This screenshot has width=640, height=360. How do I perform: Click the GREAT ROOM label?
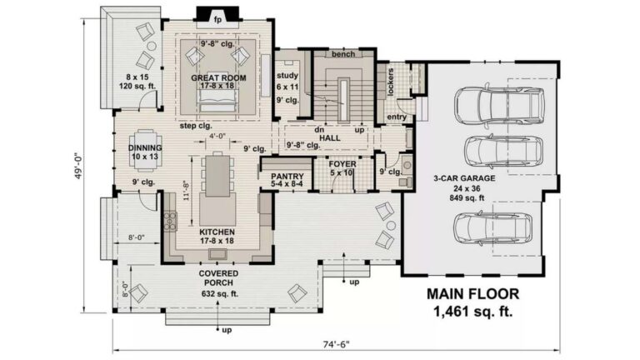point(218,77)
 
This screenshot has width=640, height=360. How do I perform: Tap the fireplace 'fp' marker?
point(218,20)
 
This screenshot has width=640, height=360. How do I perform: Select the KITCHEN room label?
point(217,232)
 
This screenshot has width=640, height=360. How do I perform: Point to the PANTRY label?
point(287,177)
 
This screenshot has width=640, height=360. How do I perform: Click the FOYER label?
point(342,164)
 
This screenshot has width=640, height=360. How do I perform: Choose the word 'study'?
point(287,76)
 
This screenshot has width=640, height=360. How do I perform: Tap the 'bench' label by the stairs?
point(343,54)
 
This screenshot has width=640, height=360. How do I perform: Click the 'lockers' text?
point(390,82)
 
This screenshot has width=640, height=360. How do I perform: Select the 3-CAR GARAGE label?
point(464,178)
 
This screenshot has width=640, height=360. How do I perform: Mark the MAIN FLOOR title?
point(473,294)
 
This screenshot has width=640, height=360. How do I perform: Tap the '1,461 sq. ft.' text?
point(472,312)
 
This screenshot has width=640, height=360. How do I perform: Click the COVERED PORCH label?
point(218,278)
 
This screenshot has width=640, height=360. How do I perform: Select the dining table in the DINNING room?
point(145,149)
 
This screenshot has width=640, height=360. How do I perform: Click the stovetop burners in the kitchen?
point(170,220)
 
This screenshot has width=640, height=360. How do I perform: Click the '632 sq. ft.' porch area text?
point(220,293)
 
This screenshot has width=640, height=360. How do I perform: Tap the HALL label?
point(330,138)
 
